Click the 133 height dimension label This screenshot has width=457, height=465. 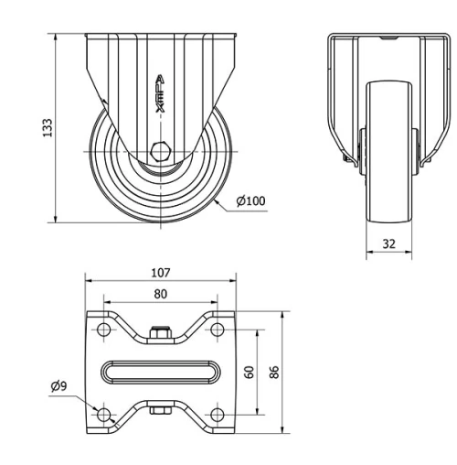[48, 126]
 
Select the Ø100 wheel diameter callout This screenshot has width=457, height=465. [250, 200]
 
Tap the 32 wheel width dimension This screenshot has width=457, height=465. [390, 243]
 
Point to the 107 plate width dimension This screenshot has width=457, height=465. [161, 272]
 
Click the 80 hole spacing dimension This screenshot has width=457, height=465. [160, 293]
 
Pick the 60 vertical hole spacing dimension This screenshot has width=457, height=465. [249, 373]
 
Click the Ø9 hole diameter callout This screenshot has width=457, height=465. [59, 386]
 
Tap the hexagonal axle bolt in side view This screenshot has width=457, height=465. [161, 151]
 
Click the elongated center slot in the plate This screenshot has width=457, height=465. [160, 373]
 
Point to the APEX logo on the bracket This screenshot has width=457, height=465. [161, 93]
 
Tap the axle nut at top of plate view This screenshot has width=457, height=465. [160, 334]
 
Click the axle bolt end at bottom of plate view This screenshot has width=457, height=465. [160, 412]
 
